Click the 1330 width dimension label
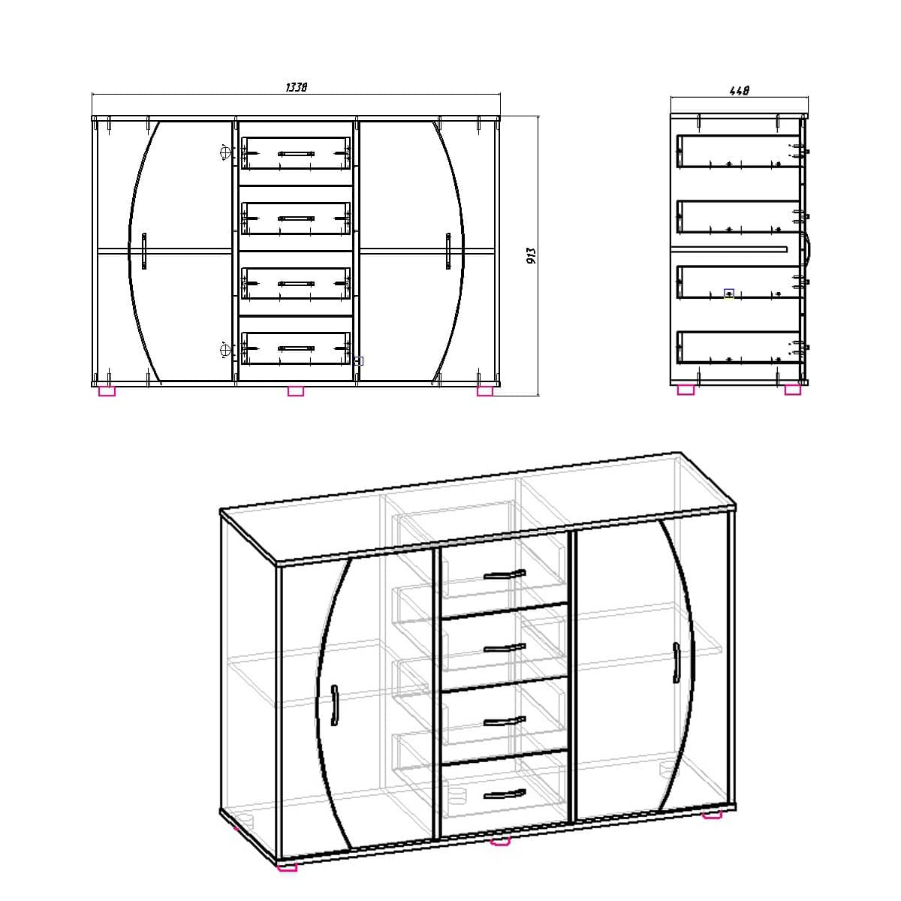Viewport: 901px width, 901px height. click(x=297, y=87)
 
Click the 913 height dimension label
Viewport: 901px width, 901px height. click(x=530, y=256)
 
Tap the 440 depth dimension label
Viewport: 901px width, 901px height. click(x=740, y=91)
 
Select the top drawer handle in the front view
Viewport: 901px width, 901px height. click(x=296, y=153)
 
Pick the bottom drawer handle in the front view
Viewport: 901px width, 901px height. click(x=296, y=348)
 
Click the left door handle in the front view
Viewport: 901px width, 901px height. click(x=143, y=251)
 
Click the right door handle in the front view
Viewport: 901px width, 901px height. click(x=447, y=251)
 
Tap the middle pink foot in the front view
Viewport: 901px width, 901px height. click(x=296, y=390)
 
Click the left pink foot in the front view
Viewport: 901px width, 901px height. click(x=107, y=390)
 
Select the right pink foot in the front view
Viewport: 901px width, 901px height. click(x=485, y=390)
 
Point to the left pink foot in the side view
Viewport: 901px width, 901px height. click(x=686, y=390)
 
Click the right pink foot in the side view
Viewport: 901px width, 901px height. click(x=792, y=390)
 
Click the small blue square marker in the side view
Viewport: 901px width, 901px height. click(x=728, y=293)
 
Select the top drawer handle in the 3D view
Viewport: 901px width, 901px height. click(x=505, y=575)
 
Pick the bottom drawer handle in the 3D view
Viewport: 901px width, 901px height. click(x=505, y=794)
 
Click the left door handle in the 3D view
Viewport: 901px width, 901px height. click(x=334, y=705)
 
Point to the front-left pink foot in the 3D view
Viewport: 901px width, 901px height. click(x=287, y=867)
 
